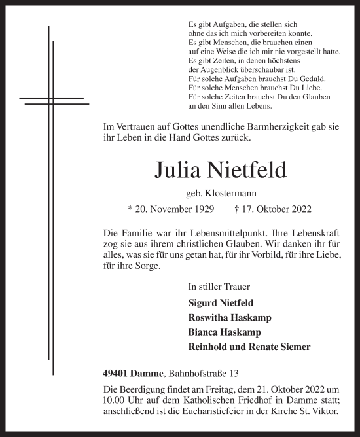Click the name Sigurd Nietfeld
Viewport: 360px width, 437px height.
pyautogui.click(x=221, y=303)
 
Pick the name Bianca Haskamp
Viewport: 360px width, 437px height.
pyautogui.click(x=221, y=332)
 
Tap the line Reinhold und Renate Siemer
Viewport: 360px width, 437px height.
pyautogui.click(x=249, y=347)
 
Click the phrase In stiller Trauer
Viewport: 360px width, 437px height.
pyautogui.click(x=219, y=287)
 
